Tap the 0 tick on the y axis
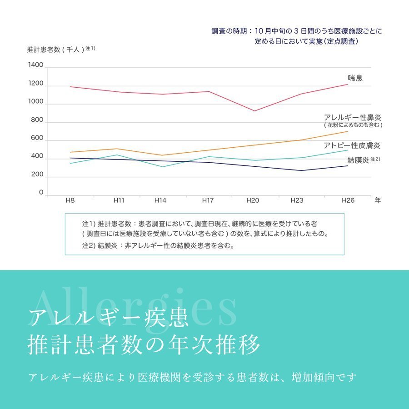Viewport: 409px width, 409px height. coord(41,193)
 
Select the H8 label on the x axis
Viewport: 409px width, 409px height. coord(70,200)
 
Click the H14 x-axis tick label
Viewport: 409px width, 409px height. coord(160,200)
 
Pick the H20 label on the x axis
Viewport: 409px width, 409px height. coord(253,200)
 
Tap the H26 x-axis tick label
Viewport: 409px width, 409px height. coord(348,200)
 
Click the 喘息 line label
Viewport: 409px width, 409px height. coord(355,78)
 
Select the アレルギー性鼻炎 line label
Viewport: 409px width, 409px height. coord(353,117)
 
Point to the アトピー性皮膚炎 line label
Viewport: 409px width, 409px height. coord(352,145)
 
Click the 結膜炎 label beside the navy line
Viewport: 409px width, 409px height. coord(358,160)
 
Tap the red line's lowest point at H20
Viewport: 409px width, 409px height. coord(254,111)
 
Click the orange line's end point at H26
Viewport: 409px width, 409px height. coord(348,131)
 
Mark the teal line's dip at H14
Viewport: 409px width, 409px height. coord(162,167)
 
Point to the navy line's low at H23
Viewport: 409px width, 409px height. coord(301,170)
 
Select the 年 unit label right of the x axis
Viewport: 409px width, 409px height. coord(378,200)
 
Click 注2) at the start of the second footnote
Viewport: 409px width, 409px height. coord(88,246)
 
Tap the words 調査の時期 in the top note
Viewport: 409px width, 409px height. coord(229,31)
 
